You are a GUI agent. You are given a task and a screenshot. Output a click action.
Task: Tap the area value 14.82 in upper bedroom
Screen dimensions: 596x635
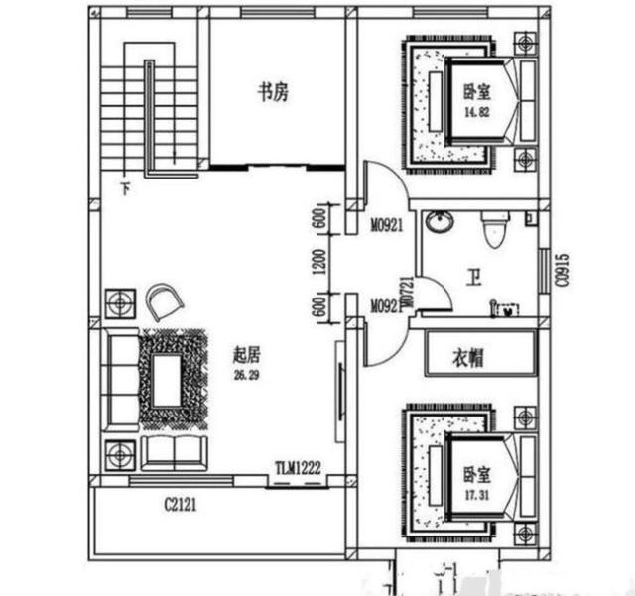475,112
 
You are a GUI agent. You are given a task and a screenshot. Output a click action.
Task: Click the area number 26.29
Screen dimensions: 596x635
246,374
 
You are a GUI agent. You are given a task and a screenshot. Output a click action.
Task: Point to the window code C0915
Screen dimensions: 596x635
562,268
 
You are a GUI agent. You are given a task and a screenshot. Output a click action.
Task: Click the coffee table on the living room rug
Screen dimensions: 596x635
166,378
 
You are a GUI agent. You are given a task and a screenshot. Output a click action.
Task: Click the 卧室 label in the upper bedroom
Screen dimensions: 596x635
476,92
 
